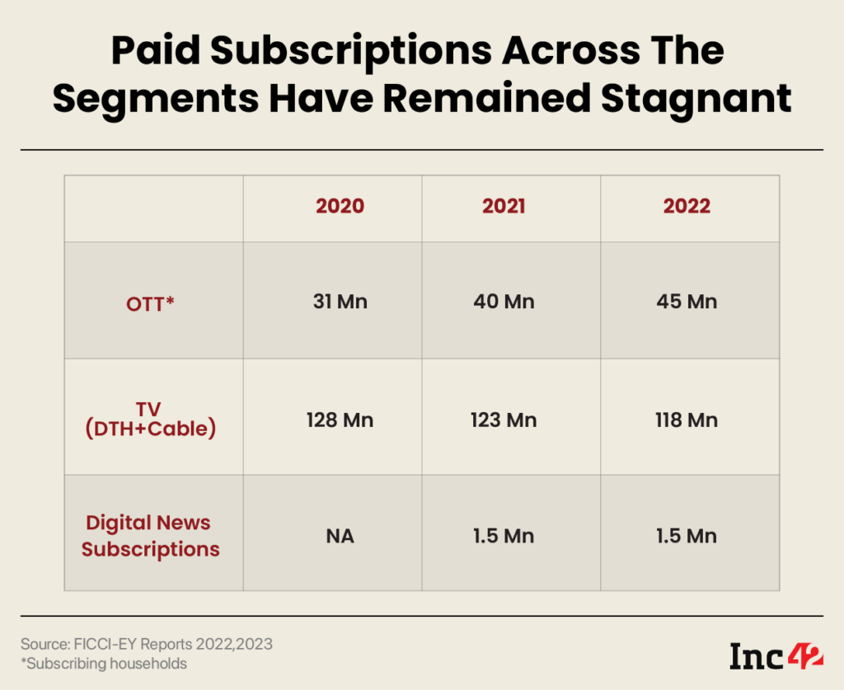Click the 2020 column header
click(x=340, y=207)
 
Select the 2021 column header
click(x=504, y=207)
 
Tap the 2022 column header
click(x=687, y=207)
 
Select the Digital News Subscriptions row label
click(x=150, y=536)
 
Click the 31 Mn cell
click(x=340, y=302)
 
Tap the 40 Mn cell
click(x=504, y=302)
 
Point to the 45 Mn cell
click(x=687, y=302)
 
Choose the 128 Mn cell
click(x=340, y=420)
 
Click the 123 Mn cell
click(x=504, y=420)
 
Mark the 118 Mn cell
click(x=687, y=420)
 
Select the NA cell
click(x=340, y=537)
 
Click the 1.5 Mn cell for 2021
click(x=504, y=537)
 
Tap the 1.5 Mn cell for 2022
click(x=687, y=537)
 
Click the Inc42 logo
click(x=776, y=655)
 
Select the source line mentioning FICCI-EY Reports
click(x=147, y=643)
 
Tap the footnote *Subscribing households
click(x=104, y=664)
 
